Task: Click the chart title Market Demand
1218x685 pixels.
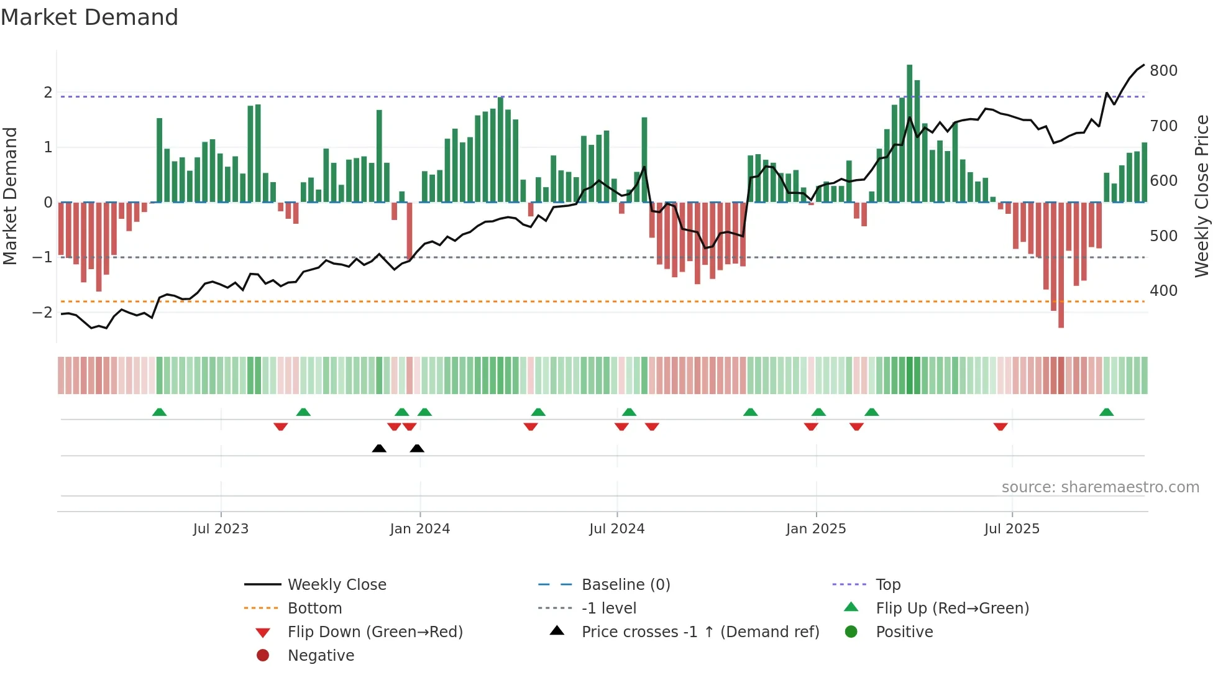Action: (89, 17)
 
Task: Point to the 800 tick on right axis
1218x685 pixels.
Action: (1163, 71)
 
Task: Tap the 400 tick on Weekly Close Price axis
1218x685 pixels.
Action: (1163, 291)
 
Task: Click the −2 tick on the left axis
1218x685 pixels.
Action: (43, 313)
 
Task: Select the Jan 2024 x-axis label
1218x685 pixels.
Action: (419, 529)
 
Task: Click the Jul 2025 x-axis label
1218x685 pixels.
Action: (1012, 529)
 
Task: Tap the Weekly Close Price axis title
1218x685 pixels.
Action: (1202, 196)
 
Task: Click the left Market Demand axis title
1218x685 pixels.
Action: (10, 196)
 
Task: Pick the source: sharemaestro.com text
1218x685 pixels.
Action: (1100, 487)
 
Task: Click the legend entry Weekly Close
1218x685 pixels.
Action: (337, 585)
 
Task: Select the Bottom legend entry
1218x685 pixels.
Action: (314, 609)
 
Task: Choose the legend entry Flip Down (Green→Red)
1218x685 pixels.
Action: (375, 632)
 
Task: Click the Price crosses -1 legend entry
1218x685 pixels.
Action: (700, 632)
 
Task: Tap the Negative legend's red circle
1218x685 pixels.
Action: (263, 656)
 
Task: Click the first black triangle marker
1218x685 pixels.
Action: (379, 448)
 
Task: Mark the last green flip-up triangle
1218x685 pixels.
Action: (1106, 412)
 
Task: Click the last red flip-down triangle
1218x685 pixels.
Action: (1000, 426)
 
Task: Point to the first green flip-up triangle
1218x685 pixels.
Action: (159, 412)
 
